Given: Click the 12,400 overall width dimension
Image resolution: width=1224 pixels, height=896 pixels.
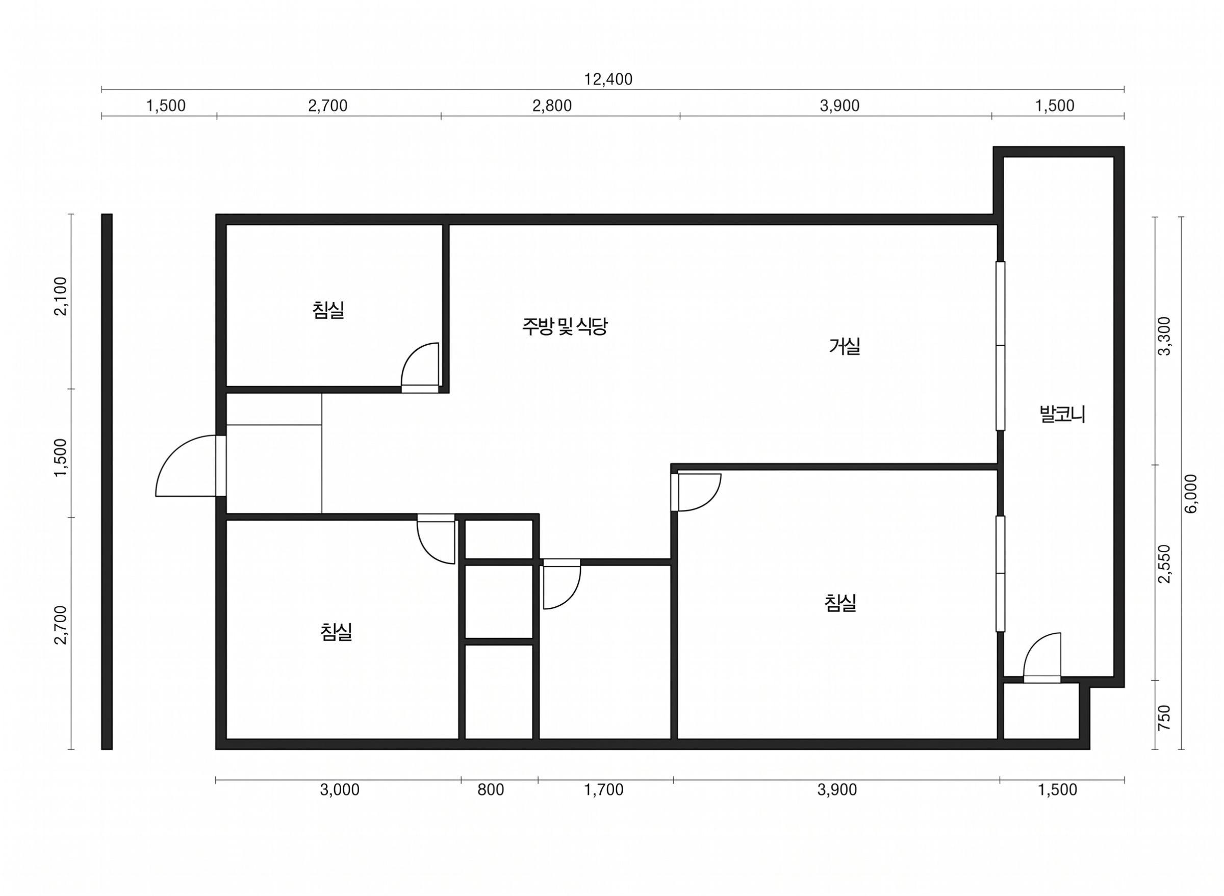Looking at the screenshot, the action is (x=608, y=80).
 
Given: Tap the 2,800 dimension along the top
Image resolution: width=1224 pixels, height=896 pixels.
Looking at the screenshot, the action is (x=551, y=106).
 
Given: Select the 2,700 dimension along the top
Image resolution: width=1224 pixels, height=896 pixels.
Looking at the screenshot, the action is (x=327, y=106).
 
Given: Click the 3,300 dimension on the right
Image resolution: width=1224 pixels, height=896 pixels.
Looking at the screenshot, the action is (x=1164, y=336).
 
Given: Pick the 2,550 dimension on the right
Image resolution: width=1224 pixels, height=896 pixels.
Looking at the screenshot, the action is (x=1164, y=564).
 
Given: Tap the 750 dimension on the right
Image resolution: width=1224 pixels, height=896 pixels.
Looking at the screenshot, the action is (x=1164, y=718).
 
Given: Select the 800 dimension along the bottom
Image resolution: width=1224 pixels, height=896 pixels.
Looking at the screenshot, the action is (x=490, y=790).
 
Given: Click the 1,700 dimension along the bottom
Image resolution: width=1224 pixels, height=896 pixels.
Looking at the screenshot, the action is (x=604, y=790).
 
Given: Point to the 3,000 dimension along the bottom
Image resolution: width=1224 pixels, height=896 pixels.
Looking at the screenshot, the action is (x=340, y=790).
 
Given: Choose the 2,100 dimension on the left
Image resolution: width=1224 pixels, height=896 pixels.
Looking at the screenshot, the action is (x=61, y=296).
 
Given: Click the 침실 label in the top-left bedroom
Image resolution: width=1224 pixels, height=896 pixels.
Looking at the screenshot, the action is (x=328, y=310).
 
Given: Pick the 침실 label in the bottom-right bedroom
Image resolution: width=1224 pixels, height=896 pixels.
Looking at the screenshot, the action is (x=840, y=603).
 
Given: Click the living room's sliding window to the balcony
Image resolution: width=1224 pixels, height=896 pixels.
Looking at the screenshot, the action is (x=1000, y=346).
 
